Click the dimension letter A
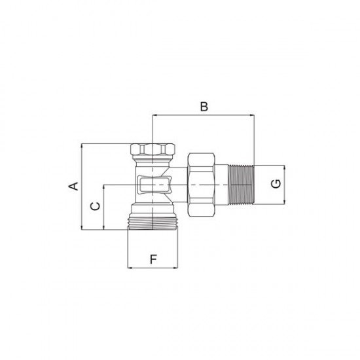pyautogui.click(x=74, y=186)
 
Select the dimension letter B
pyautogui.click(x=204, y=107)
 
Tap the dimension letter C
pyautogui.click(x=96, y=206)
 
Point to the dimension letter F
pyautogui.click(x=153, y=259)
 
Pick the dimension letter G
pyautogui.click(x=276, y=184)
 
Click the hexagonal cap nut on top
pyautogui.click(x=153, y=149)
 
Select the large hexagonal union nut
pyautogui.click(x=201, y=185)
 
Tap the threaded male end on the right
pyautogui.click(x=241, y=185)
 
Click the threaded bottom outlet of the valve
pyautogui.click(x=153, y=223)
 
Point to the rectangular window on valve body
pyautogui.click(x=154, y=185)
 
